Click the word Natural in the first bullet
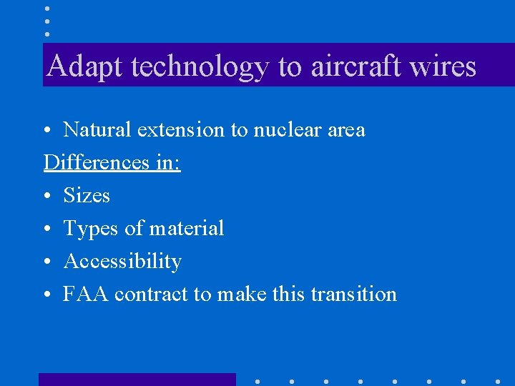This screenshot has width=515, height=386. coord(97,130)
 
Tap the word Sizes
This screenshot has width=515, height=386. coord(87,195)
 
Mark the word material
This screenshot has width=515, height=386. coord(186,229)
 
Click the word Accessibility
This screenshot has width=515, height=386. coord(122,262)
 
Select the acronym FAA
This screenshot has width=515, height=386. coord(85,294)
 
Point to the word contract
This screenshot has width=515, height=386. coord(151,294)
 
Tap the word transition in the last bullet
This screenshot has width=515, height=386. coord(354,294)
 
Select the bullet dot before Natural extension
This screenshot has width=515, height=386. coord(46,131)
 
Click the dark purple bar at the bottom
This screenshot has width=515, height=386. coord(137,380)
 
